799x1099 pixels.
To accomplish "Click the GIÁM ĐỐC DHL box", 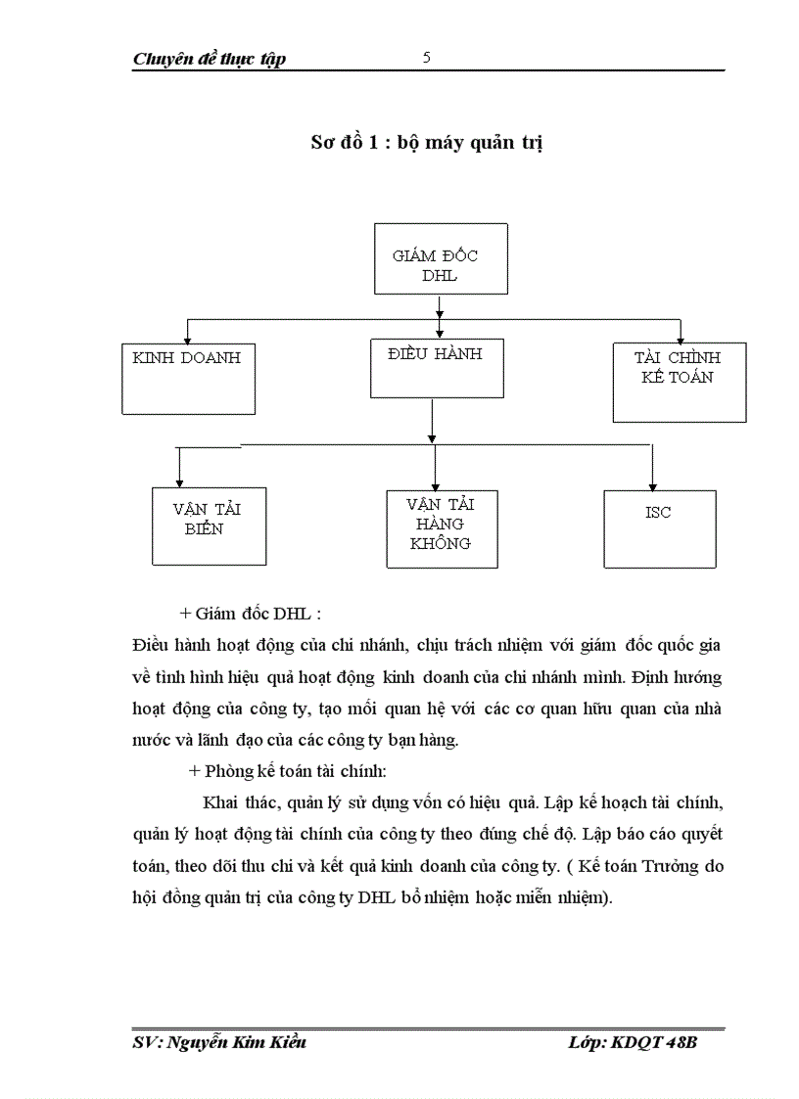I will tap(441, 258).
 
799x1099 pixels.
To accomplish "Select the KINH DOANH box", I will tap(186, 378).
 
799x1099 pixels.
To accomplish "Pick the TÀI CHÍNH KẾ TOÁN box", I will tap(679, 382).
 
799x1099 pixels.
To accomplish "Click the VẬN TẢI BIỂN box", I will tap(209, 526).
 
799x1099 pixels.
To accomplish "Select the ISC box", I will tap(659, 528).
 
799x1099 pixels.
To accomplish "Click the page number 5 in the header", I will tap(426, 58).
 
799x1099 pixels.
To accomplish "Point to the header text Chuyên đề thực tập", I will tap(209, 60).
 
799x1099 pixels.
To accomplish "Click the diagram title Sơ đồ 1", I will tap(426, 143).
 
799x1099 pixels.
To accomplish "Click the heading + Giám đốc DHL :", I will tap(251, 615).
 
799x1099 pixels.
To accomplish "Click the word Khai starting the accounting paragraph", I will tap(220, 803).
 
